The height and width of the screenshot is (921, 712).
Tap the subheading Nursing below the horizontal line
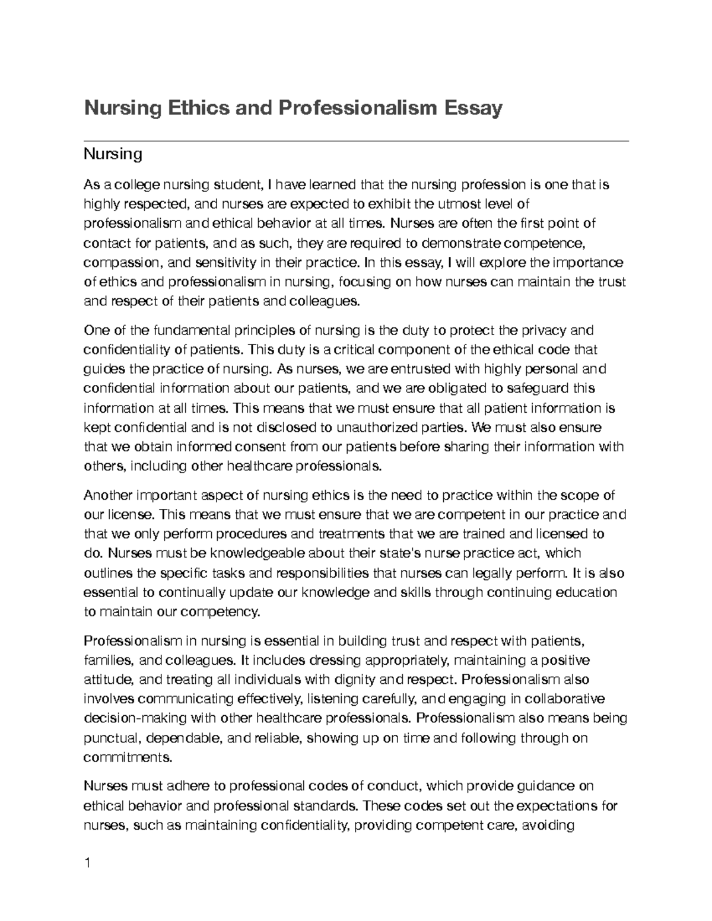click(113, 155)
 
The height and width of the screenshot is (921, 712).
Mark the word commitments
click(128, 757)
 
